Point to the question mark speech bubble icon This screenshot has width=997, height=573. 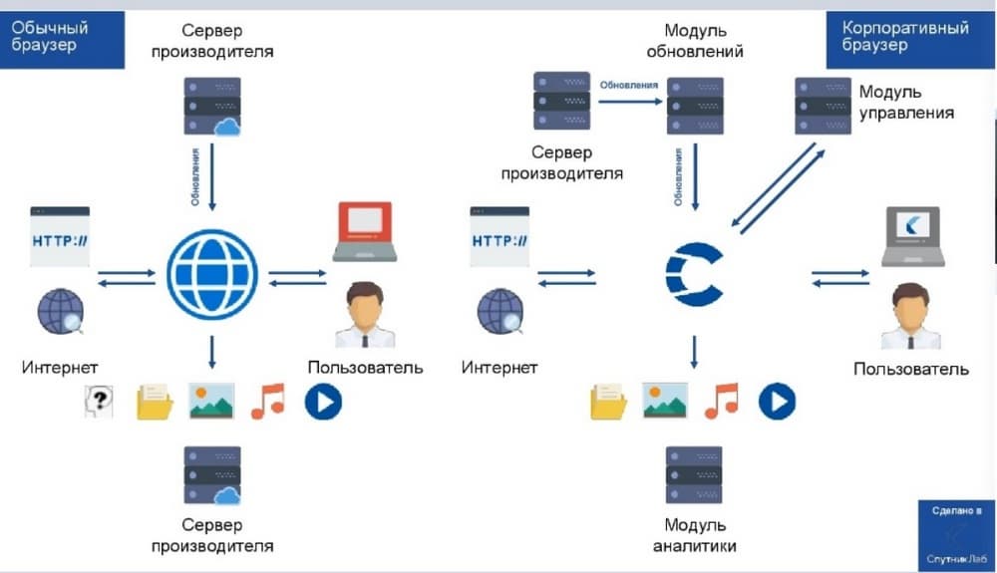98,402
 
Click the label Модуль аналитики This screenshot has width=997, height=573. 694,535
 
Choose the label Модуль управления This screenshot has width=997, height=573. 906,102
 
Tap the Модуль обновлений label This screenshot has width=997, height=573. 695,41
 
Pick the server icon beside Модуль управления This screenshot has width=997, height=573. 822,106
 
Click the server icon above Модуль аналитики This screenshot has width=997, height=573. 694,474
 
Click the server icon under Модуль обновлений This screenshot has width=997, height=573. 695,106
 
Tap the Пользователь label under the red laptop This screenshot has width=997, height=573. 365,367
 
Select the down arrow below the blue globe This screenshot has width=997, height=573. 211,351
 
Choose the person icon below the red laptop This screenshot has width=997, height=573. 364,314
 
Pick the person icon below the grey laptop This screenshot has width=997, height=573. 911,317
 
